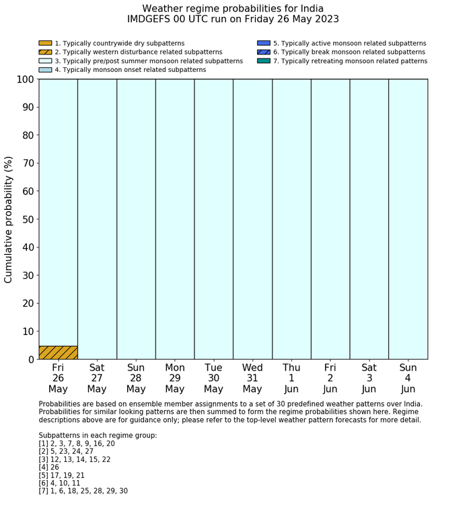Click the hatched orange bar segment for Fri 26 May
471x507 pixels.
[58, 352]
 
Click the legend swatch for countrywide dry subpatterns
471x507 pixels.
[45, 43]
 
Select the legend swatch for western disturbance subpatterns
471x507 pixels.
[45, 52]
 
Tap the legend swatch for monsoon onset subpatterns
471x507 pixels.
[45, 69]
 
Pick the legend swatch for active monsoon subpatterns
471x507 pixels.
[264, 43]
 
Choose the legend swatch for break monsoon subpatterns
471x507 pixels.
[264, 52]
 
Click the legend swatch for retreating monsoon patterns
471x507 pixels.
[264, 61]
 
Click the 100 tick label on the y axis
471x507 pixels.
[22, 79]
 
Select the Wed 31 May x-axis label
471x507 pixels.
[252, 379]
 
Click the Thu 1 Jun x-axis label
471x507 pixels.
[291, 379]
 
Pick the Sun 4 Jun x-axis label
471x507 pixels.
[408, 379]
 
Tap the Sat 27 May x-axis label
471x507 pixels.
[97, 379]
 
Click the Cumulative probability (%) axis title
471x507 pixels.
[9, 219]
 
